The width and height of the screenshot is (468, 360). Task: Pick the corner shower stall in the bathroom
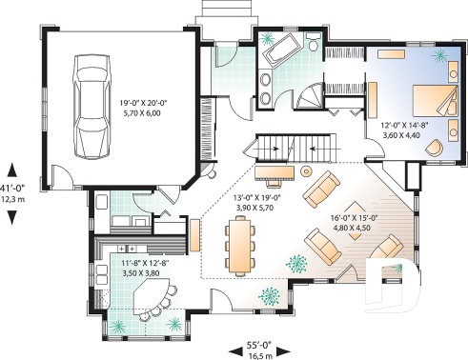pos(309,98)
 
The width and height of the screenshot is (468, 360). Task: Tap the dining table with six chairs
pos(238,245)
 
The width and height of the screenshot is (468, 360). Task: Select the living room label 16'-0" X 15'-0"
pos(355,222)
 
